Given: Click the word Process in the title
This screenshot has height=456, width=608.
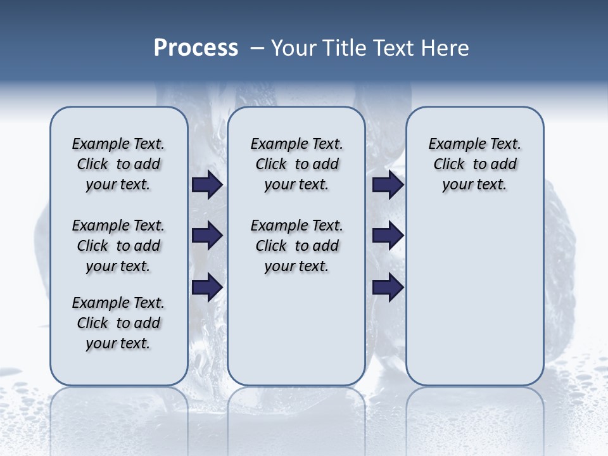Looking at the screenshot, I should pyautogui.click(x=196, y=48).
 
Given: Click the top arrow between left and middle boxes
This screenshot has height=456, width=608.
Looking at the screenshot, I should pyautogui.click(x=207, y=185).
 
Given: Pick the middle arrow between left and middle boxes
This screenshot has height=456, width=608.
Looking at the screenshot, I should pyautogui.click(x=207, y=236).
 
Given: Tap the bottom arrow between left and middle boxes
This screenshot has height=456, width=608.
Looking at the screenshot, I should pyautogui.click(x=207, y=287).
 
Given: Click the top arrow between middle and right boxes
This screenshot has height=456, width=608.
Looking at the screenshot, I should pyautogui.click(x=388, y=185).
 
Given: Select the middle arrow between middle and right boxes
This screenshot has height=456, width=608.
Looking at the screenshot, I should pyautogui.click(x=388, y=236).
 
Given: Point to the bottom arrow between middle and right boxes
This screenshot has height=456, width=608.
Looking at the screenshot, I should pyautogui.click(x=388, y=287).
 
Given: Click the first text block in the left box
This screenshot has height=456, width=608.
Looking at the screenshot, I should pyautogui.click(x=118, y=164).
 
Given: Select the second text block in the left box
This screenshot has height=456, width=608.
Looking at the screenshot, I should pyautogui.click(x=118, y=246).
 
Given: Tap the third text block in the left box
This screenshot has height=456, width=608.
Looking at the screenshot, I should pyautogui.click(x=118, y=323).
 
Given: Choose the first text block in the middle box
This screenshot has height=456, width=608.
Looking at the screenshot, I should pyautogui.click(x=296, y=164).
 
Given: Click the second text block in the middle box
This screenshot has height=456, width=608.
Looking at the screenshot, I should pyautogui.click(x=296, y=246).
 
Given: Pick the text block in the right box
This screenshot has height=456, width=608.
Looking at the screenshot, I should pyautogui.click(x=474, y=164).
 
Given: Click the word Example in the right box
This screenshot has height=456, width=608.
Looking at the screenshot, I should pyautogui.click(x=453, y=144).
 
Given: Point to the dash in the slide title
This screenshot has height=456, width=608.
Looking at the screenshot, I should pyautogui.click(x=257, y=48).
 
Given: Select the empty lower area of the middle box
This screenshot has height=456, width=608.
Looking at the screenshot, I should pyautogui.click(x=296, y=329).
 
